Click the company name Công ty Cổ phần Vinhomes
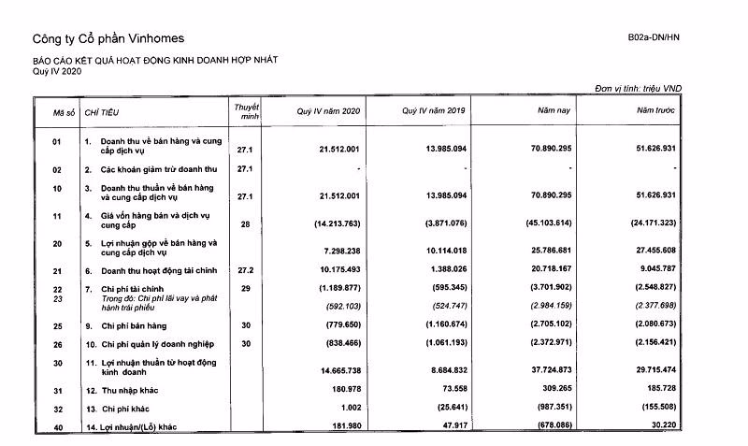pyautogui.click(x=108, y=39)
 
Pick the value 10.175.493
pyautogui.click(x=337, y=271)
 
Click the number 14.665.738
pyautogui.click(x=337, y=371)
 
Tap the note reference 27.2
pyautogui.click(x=245, y=271)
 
